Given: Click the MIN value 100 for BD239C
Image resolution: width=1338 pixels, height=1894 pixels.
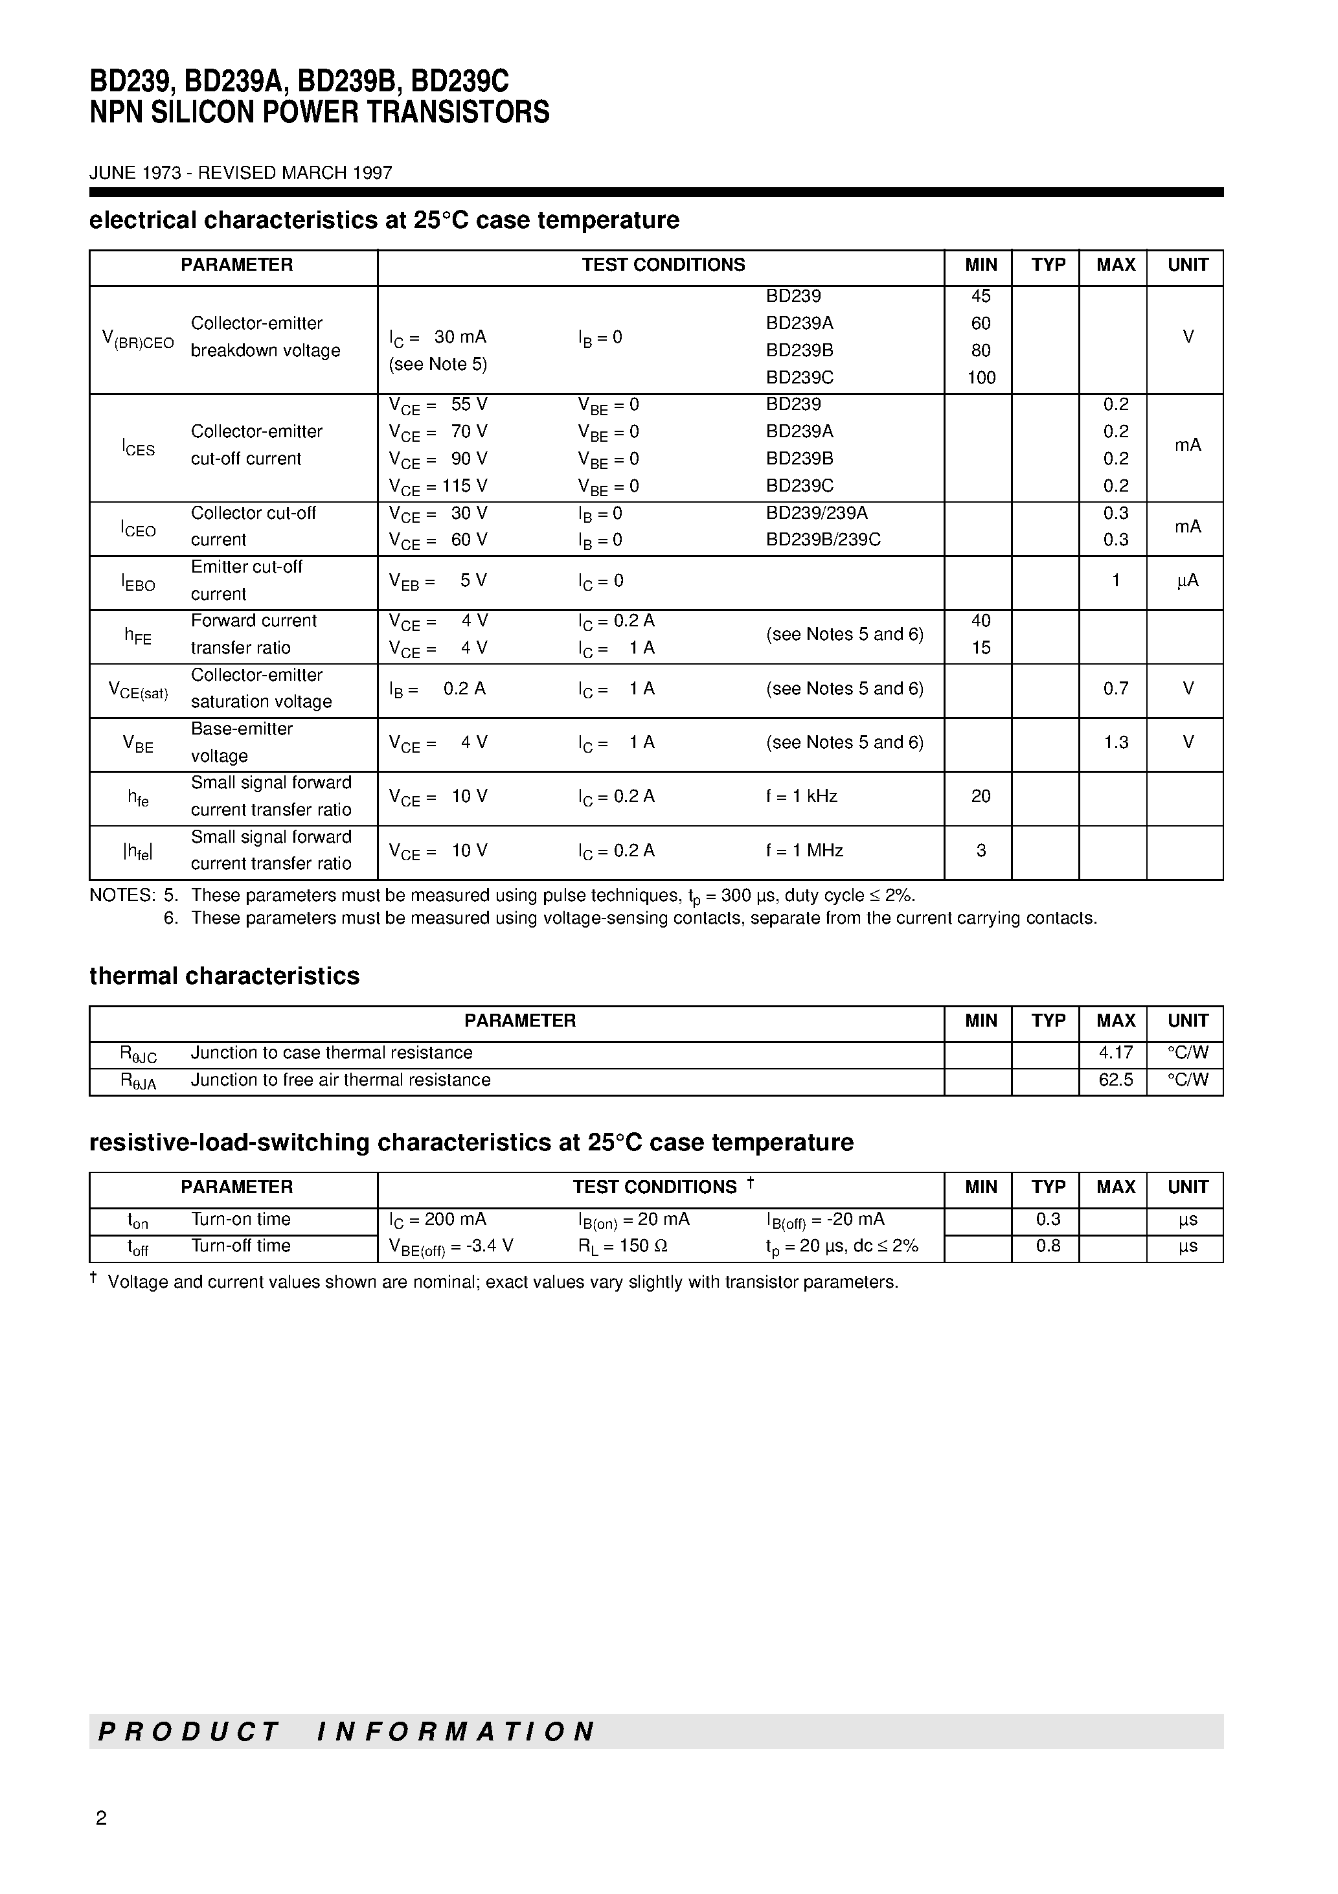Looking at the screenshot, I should coord(981,378).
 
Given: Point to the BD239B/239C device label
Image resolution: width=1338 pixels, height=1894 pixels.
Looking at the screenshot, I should coord(823,540).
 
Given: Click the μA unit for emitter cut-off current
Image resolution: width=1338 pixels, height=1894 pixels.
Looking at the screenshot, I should coord(1187,581).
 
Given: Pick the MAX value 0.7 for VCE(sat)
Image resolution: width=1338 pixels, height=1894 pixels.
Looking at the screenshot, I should coord(1115,689).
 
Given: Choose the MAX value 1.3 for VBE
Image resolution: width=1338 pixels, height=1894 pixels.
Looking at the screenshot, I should coord(1115,742).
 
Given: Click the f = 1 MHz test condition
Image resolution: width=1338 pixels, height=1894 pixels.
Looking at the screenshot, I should coord(804,850).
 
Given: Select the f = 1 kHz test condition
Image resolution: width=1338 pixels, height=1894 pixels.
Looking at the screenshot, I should coord(801,796).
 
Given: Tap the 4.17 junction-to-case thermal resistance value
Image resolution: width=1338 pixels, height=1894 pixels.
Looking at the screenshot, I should coord(1115,1053).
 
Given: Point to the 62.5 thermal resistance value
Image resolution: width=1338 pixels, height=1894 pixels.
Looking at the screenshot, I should coord(1115,1080).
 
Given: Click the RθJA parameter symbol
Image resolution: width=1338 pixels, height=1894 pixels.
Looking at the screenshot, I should coord(138,1082).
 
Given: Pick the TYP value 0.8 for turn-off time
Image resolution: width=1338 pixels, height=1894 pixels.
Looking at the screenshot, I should coord(1048,1246).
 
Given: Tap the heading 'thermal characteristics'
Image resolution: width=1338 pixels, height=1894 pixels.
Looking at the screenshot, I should coord(224,976).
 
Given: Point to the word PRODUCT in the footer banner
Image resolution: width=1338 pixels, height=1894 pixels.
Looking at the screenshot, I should coord(189,1731).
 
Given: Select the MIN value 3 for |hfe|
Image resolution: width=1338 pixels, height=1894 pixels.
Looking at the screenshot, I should coord(981,850).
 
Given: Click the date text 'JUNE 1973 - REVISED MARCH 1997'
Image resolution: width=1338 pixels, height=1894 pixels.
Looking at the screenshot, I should coord(241,173).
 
